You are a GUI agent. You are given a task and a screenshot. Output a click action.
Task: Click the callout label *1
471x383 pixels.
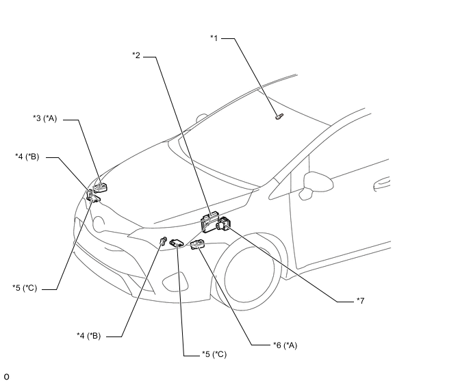click(214, 38)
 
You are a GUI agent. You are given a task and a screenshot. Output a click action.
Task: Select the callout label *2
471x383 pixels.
click(136, 55)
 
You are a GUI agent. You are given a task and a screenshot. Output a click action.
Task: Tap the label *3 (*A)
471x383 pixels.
click(44, 118)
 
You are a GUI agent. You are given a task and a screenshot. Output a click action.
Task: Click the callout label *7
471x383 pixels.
click(360, 300)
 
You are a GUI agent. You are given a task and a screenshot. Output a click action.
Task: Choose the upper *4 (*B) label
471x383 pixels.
click(27, 157)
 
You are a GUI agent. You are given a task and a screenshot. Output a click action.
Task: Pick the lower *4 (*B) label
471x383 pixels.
click(89, 335)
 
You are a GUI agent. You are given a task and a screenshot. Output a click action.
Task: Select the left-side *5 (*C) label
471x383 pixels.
click(24, 287)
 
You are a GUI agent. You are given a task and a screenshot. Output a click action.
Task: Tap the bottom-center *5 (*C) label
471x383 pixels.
click(214, 354)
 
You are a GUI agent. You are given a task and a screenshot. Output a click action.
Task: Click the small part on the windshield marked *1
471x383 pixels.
click(278, 116)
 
